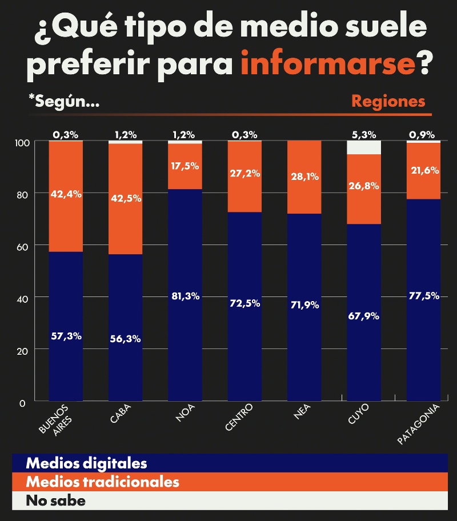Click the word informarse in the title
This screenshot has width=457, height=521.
coord(327,64)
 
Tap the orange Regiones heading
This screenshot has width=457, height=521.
coord(388,101)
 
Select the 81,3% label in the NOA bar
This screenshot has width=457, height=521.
coord(185,296)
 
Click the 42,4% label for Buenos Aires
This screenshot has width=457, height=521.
coord(66,194)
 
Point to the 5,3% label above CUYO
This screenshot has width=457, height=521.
coord(364,135)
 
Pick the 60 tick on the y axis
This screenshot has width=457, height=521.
coord(21,246)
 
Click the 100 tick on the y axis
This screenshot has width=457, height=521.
coord(18,142)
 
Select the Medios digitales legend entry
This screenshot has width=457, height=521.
coord(86,463)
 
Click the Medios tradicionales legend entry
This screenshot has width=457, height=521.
coord(102,482)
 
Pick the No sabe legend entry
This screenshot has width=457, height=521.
coord(55,501)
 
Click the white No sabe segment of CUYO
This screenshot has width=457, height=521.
coord(364,148)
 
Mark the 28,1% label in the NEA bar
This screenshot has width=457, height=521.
coord(304,177)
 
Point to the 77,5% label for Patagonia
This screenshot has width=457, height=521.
coord(424,295)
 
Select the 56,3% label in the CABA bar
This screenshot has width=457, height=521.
coord(126,338)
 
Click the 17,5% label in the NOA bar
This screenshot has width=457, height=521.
coord(185,165)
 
